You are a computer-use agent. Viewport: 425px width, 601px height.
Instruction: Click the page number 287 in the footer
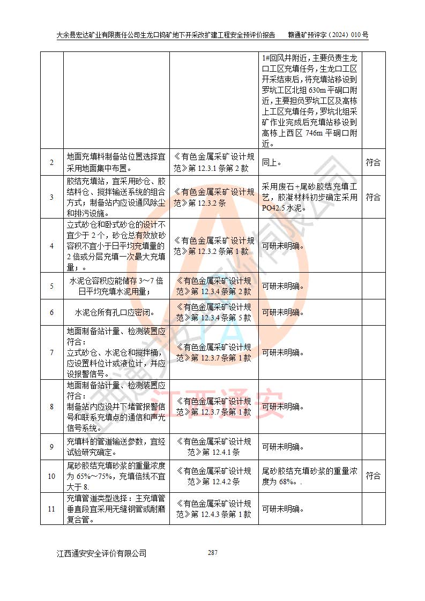(213, 552)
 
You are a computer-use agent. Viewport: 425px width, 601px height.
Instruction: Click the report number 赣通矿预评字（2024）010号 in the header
(328, 35)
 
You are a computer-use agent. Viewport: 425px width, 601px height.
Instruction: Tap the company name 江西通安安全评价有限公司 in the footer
(102, 553)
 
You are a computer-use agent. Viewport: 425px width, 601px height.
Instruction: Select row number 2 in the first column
(51, 162)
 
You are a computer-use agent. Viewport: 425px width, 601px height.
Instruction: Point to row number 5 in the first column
(51, 286)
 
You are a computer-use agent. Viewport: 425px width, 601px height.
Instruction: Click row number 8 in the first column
(51, 407)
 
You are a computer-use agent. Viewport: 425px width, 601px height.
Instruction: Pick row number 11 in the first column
(51, 508)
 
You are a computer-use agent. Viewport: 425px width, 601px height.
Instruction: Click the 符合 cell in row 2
(373, 162)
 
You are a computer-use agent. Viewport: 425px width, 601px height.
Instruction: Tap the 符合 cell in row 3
(373, 197)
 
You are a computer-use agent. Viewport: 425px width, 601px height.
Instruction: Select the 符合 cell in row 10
(373, 476)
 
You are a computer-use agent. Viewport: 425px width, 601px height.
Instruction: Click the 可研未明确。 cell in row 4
(283, 246)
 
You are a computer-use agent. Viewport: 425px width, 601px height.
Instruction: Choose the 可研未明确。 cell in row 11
(283, 508)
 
